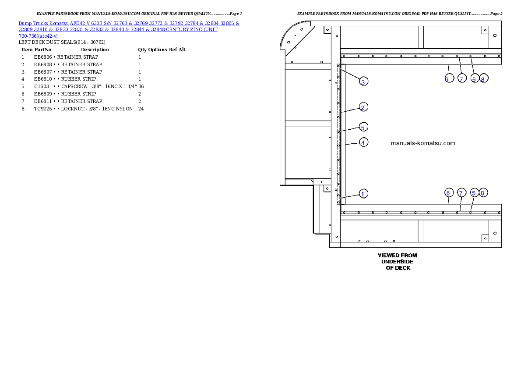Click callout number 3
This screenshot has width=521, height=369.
click(x=363, y=82)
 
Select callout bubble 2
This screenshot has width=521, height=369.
click(x=363, y=107)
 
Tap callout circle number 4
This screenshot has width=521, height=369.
click(x=363, y=142)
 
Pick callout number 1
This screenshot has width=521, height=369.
click(x=363, y=193)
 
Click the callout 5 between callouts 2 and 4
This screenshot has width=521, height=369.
click(x=363, y=127)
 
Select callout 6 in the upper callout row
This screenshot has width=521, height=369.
click(x=447, y=79)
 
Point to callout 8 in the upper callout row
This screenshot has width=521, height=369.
click(x=483, y=79)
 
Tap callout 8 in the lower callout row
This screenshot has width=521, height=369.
click(x=483, y=193)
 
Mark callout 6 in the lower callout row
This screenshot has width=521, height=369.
click(x=447, y=193)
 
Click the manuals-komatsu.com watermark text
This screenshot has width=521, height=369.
click(x=422, y=143)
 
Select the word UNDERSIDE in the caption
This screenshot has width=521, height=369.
click(x=397, y=262)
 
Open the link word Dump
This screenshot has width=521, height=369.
click(x=25, y=23)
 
